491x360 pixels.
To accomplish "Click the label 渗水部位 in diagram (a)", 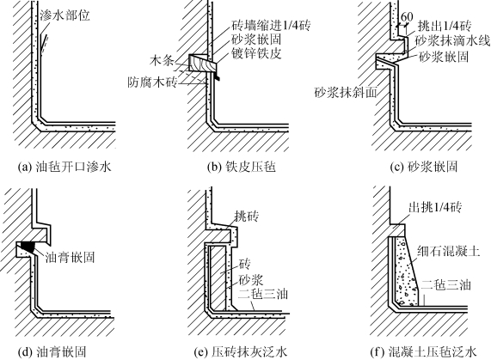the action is (64, 15).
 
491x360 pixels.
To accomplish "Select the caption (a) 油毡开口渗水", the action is (64, 167).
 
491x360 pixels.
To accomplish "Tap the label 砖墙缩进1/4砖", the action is (271, 25).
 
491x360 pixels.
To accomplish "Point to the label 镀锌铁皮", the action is (256, 53).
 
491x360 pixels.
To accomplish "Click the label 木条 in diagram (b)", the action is (162, 61).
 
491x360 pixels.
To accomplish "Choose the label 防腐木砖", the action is (152, 82).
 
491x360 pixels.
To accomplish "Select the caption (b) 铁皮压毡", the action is (242, 167).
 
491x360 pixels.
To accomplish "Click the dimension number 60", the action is (407, 17).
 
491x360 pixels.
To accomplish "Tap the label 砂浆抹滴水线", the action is (452, 40).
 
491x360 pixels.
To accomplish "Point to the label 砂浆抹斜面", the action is (346, 93).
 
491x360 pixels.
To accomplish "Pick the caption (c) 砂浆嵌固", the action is (424, 167).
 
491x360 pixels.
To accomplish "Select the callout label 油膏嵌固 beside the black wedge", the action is (70, 257).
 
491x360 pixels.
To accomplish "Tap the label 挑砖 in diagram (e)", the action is (247, 217).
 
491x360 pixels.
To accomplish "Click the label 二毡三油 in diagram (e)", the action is (263, 295).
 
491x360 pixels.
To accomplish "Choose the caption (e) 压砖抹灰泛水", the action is (241, 352).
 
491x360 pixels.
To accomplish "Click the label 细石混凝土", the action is (448, 251).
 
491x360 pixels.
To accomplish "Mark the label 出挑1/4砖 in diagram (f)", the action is (435, 207).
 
